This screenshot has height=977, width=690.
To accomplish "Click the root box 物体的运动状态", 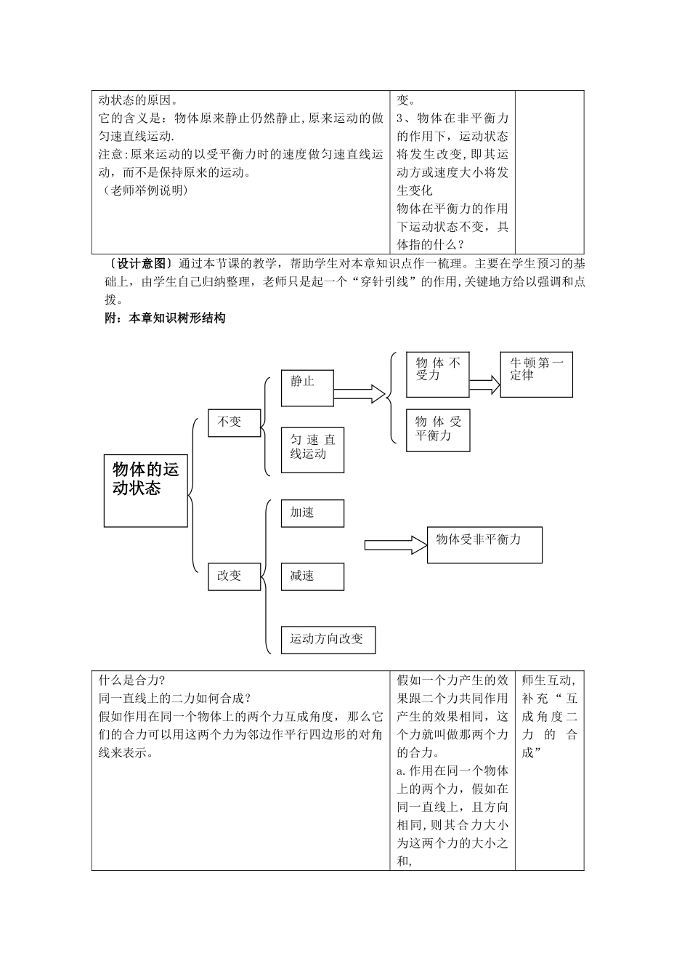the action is (x=146, y=490).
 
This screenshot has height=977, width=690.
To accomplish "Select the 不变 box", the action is (x=234, y=422).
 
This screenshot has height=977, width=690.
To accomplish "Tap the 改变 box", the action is (x=234, y=576).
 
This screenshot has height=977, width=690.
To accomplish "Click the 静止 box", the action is (x=307, y=387).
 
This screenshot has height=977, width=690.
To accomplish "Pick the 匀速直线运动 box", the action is (x=312, y=449).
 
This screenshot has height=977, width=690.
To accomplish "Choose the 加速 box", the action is (x=312, y=512).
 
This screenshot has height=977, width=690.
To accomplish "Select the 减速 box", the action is (x=312, y=576).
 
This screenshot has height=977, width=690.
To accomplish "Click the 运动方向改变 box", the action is (x=328, y=639).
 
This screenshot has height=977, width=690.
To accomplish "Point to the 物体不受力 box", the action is (x=438, y=375).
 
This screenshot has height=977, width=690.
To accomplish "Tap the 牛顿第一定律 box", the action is (x=536, y=375).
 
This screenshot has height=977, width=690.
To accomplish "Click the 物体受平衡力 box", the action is (x=438, y=430).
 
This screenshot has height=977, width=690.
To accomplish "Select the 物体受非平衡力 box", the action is (x=484, y=544).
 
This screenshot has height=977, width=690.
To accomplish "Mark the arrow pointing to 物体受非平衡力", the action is (x=395, y=544).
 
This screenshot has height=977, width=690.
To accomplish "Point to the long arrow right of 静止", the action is (x=359, y=393).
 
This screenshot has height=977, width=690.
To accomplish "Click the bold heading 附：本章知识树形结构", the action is (x=166, y=318).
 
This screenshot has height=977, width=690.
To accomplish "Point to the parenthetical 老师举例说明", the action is (x=143, y=190).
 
